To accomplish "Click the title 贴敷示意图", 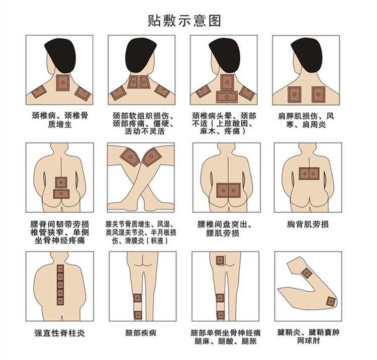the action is click(x=184, y=21).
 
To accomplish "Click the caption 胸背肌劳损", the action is click(x=308, y=224).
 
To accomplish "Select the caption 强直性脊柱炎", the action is click(x=60, y=333).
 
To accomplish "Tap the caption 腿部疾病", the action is click(x=141, y=333).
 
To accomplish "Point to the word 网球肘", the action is click(x=308, y=340).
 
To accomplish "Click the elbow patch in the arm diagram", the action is click(x=331, y=301).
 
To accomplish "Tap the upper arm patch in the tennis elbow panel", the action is click(x=307, y=273).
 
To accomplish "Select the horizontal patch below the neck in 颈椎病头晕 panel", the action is click(x=227, y=97).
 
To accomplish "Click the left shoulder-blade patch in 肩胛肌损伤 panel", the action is click(x=294, y=94).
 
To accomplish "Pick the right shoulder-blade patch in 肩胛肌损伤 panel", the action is click(x=318, y=94).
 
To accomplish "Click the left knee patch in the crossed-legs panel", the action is click(x=130, y=157).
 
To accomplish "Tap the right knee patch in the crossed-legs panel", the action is click(x=151, y=157).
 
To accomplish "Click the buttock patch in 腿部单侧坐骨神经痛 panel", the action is click(x=220, y=260).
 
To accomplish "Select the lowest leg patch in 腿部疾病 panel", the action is click(x=138, y=315).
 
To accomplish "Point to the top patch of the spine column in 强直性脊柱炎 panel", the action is click(x=60, y=269).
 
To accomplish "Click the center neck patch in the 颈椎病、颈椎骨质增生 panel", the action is click(x=63, y=83).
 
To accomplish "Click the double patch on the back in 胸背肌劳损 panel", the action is click(x=309, y=173).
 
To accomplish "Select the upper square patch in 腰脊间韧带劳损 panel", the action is click(x=61, y=183).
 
